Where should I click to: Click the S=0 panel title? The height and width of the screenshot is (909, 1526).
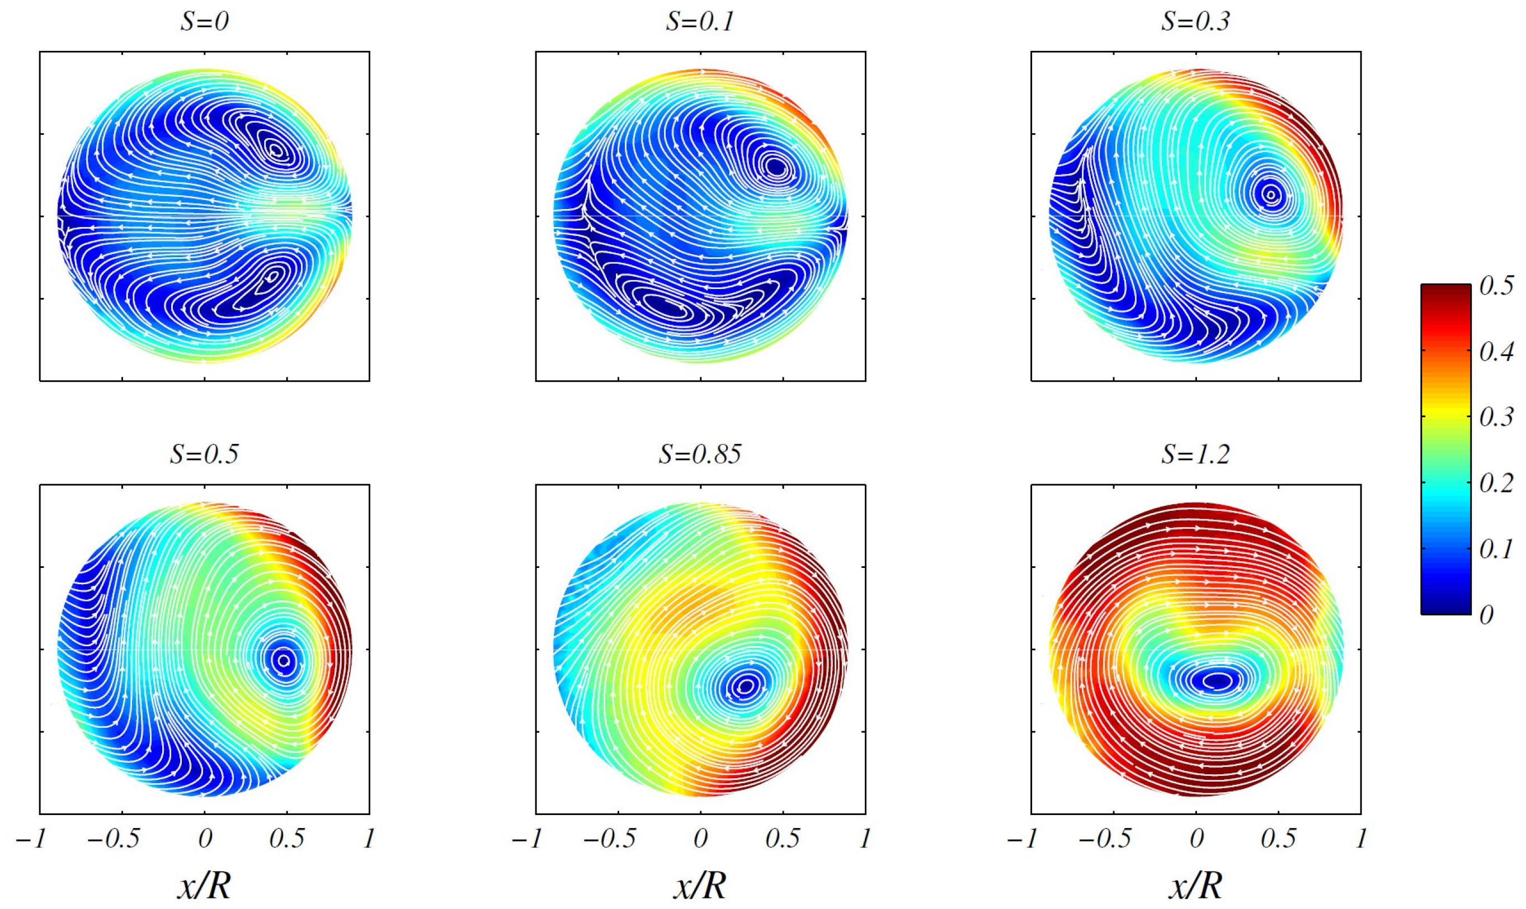click(204, 22)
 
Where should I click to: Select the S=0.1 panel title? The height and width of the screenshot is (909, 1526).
click(699, 22)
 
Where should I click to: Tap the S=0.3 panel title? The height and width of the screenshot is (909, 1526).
click(1195, 22)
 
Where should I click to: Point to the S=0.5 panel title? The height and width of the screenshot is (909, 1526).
click(204, 454)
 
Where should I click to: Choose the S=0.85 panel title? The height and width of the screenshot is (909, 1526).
click(699, 454)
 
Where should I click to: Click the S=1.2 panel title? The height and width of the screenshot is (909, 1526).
click(1195, 454)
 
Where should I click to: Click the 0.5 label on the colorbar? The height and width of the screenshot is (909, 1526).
click(1496, 286)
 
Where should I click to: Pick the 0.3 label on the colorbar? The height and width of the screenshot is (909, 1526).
click(1496, 417)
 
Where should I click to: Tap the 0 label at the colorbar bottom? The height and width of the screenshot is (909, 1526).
click(1486, 615)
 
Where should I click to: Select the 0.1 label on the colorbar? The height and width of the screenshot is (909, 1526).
click(1496, 550)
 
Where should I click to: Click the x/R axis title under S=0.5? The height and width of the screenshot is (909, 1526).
click(204, 884)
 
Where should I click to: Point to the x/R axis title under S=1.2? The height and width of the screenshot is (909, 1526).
click(1195, 884)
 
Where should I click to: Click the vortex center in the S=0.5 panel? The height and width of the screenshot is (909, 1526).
click(283, 660)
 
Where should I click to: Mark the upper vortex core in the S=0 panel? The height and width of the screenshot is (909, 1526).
click(276, 149)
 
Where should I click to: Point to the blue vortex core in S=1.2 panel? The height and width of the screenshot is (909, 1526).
click(1216, 680)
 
